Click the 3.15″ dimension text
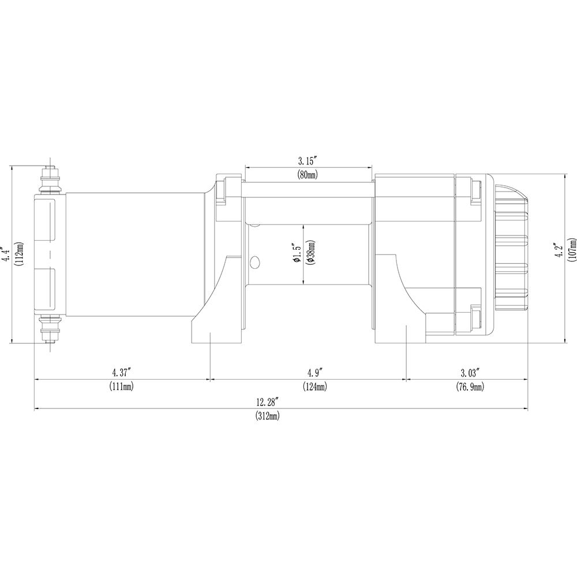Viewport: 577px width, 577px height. click(x=308, y=161)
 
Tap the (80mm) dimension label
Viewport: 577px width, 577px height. click(x=308, y=175)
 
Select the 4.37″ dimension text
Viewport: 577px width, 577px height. click(x=121, y=373)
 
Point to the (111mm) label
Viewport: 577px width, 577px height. click(x=121, y=387)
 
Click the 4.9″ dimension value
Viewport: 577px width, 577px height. click(x=316, y=373)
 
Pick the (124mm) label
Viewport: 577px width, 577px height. click(x=315, y=387)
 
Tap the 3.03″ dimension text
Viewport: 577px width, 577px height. click(x=471, y=373)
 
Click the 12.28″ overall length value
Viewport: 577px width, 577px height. click(x=268, y=402)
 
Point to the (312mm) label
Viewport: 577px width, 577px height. click(x=268, y=416)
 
